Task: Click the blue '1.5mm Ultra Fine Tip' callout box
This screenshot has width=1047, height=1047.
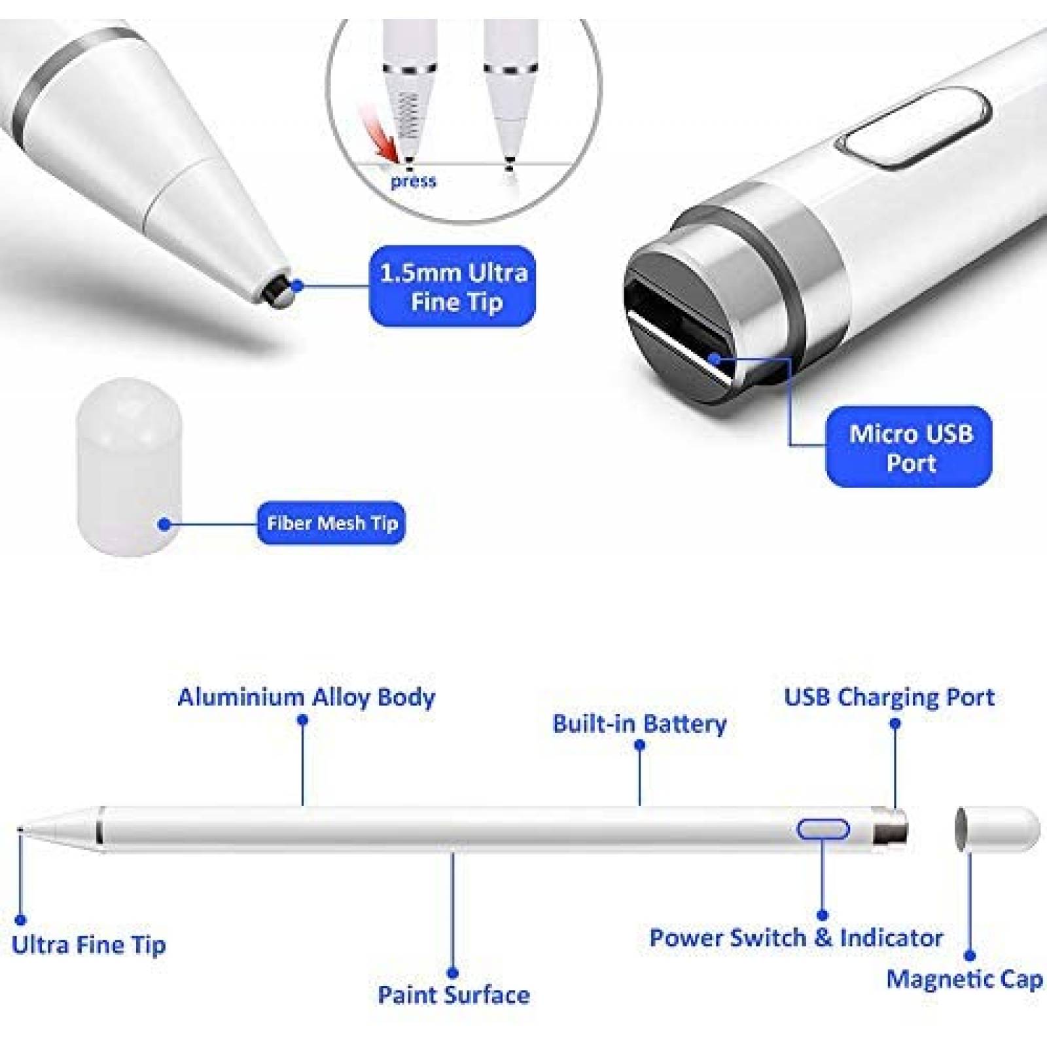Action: tap(453, 286)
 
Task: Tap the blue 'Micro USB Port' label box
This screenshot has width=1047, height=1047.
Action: tap(910, 447)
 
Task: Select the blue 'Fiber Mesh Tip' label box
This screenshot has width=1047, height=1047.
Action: tap(331, 523)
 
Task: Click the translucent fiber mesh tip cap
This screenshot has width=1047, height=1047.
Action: tap(128, 467)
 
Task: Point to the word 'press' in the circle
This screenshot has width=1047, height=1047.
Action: tap(414, 181)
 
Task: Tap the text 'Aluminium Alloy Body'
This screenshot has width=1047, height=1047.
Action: tap(306, 697)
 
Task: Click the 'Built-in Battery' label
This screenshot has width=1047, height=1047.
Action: tap(639, 723)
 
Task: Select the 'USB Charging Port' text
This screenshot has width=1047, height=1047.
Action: tap(889, 697)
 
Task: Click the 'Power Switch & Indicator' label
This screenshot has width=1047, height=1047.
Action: tap(796, 938)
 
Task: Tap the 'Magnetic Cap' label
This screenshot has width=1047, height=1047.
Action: tap(965, 980)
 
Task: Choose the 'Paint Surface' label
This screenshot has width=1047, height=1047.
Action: tap(453, 995)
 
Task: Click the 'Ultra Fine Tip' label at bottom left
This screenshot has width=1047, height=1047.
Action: tap(89, 945)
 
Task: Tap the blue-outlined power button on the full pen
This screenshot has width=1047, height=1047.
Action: tap(823, 829)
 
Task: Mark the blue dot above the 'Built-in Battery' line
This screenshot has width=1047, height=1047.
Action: tap(640, 745)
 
